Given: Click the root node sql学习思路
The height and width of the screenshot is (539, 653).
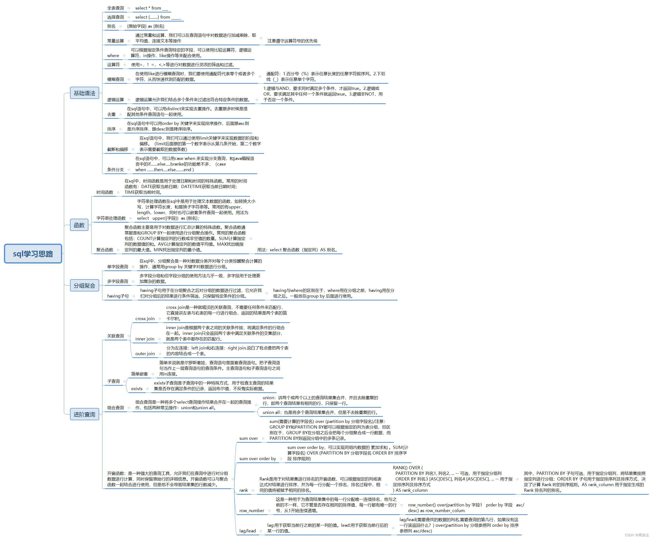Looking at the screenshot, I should coord(33,254).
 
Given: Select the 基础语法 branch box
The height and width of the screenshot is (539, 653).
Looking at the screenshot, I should coord(84,93).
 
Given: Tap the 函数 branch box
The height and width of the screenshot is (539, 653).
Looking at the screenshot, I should coord(79,225).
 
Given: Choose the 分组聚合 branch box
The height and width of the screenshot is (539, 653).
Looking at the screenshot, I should coord(84,285).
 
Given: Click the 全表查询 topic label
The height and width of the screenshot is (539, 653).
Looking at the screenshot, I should coord(116,8).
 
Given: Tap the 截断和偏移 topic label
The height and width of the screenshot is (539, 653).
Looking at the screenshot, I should coord(118,149).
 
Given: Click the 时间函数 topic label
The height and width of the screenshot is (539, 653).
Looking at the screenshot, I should coord(105,192).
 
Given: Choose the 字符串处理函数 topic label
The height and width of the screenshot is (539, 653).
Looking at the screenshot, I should coord(111,218).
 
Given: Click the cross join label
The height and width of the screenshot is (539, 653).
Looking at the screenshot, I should coord(145,319).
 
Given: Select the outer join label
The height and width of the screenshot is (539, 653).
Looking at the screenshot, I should coord(145,353).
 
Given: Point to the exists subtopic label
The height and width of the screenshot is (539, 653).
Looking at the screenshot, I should coord(137,388).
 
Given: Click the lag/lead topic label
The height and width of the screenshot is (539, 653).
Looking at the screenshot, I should coord(248,531).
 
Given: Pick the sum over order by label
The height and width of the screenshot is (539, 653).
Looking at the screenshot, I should coord(258,459).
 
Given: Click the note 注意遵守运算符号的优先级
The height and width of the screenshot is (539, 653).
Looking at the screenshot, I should coord(292,41).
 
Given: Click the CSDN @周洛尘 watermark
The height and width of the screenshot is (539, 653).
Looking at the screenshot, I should coord(637,535).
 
